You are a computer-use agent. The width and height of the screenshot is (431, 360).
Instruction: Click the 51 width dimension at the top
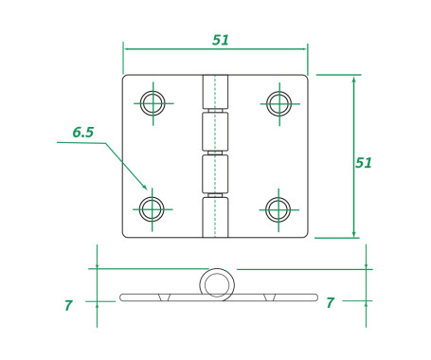[220, 40]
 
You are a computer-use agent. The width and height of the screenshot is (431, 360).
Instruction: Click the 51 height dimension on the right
[363, 162]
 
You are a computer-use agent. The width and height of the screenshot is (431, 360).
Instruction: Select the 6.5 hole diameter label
[83, 133]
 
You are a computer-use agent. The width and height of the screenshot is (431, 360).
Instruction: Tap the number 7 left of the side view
[68, 305]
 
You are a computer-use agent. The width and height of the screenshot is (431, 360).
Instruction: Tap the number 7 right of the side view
[329, 303]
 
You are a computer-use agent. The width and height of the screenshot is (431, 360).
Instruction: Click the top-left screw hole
[153, 102]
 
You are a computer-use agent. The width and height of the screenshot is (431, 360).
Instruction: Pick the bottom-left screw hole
[153, 208]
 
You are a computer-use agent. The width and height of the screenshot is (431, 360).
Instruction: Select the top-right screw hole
[278, 102]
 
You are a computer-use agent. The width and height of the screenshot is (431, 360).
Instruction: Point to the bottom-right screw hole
[278, 208]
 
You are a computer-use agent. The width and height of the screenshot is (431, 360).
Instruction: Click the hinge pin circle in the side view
[215, 283]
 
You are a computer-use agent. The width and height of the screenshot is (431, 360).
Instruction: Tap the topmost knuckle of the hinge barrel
[215, 92]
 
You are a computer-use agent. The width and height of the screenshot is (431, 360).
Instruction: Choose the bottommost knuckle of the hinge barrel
[215, 217]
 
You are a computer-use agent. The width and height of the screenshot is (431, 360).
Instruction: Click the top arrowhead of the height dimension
[353, 79]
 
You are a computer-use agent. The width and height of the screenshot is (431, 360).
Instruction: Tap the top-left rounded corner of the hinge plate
[126, 79]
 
